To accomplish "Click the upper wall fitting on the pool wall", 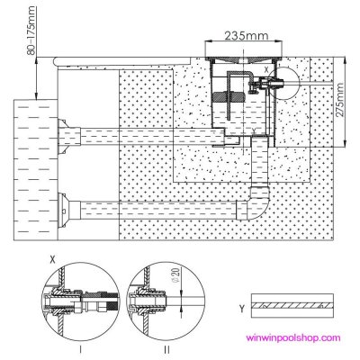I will click(x=66, y=139).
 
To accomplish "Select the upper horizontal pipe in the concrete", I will click(x=144, y=139).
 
